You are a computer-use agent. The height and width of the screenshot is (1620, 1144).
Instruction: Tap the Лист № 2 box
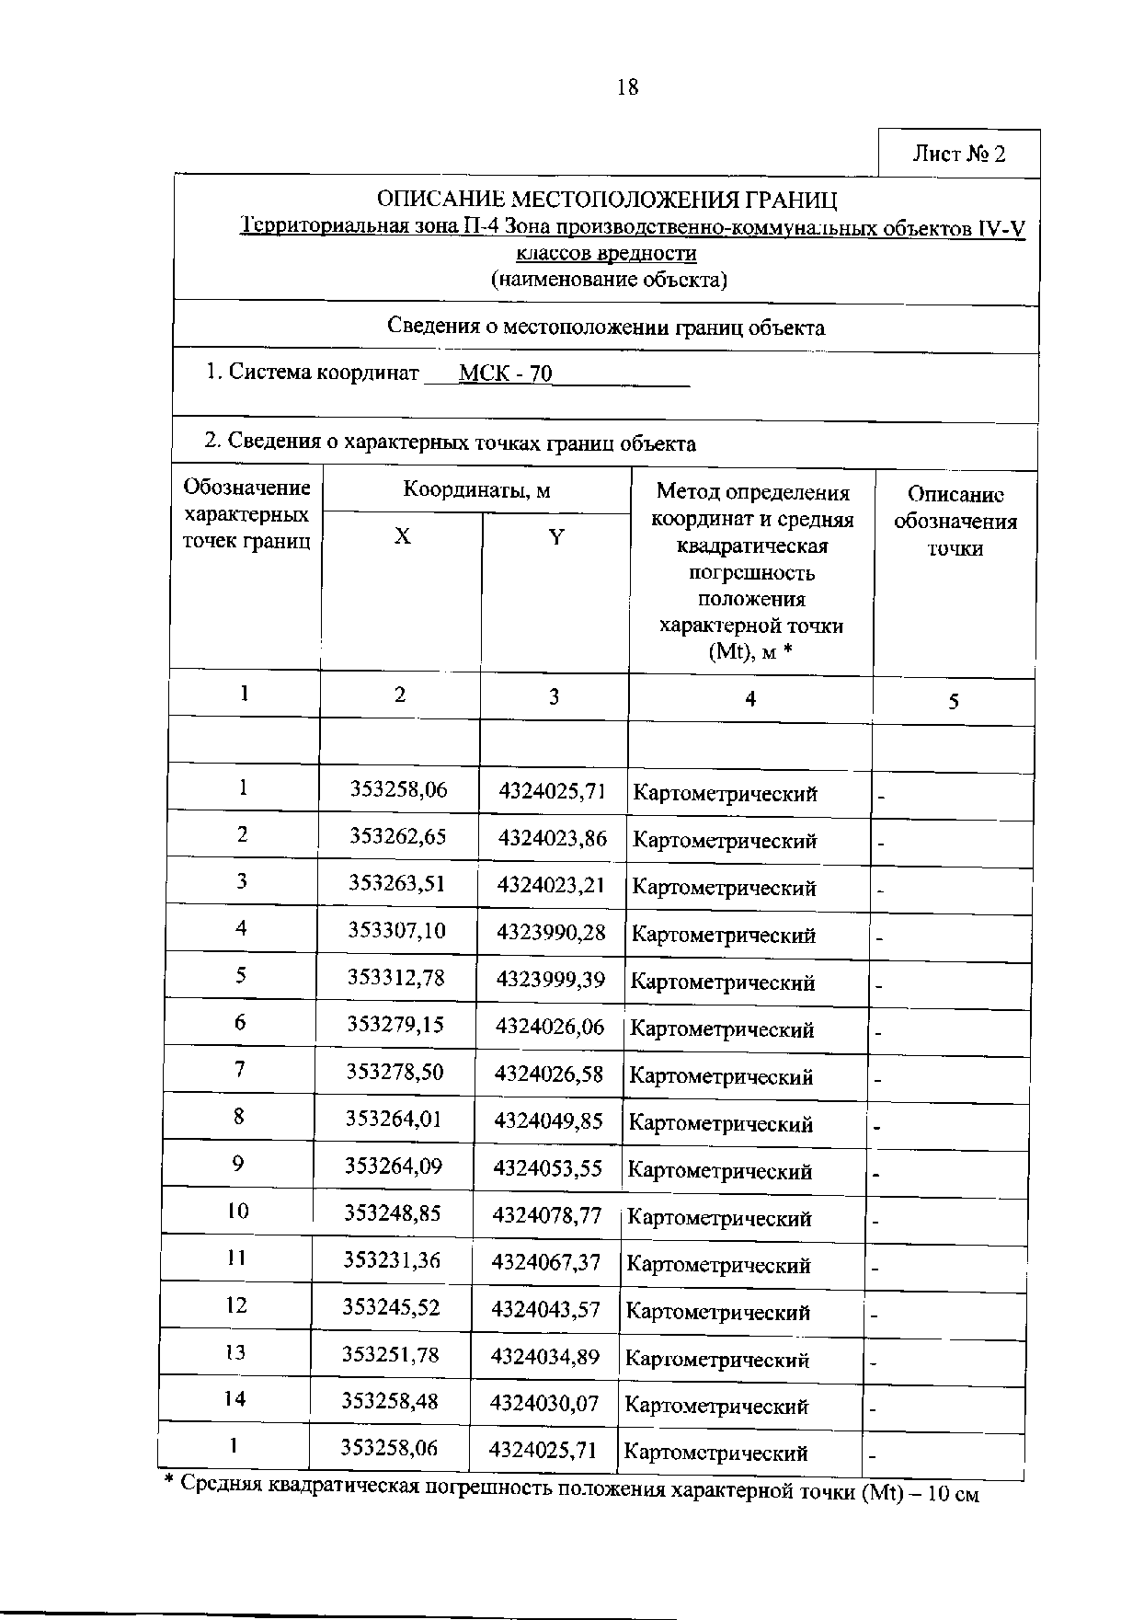point(959,154)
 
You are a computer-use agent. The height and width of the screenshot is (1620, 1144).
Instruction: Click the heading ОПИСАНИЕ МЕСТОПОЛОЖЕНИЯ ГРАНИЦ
point(608,201)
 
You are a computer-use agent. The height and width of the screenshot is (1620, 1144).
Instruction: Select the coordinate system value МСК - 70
point(506,373)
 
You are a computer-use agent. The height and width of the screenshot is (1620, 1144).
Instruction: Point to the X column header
point(403,537)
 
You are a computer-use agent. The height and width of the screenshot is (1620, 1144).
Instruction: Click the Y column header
point(556,537)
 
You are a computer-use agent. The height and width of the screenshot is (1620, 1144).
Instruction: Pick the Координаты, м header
point(476,490)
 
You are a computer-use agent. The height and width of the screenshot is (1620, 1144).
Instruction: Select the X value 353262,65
point(397,836)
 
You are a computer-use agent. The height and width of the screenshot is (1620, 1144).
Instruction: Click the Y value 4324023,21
point(551,885)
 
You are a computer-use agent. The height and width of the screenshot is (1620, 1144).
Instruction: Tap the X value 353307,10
point(396,931)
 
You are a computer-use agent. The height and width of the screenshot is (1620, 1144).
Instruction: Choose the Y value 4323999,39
point(551,980)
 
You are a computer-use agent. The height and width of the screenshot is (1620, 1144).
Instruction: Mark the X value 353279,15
point(395,1025)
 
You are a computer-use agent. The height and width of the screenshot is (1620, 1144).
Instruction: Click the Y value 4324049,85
point(549,1120)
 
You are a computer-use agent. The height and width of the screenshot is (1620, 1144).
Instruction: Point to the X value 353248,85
point(393,1213)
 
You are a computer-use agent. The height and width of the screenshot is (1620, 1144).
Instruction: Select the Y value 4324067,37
point(546,1262)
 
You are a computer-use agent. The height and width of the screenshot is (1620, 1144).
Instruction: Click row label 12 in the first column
point(236,1305)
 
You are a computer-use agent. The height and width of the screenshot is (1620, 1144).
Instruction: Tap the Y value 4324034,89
point(545,1356)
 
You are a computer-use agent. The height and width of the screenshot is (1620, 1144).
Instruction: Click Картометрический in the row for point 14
point(716,1406)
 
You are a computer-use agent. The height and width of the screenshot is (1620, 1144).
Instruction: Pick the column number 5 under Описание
point(954,702)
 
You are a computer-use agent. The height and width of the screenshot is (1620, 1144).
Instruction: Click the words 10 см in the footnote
point(953,1494)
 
